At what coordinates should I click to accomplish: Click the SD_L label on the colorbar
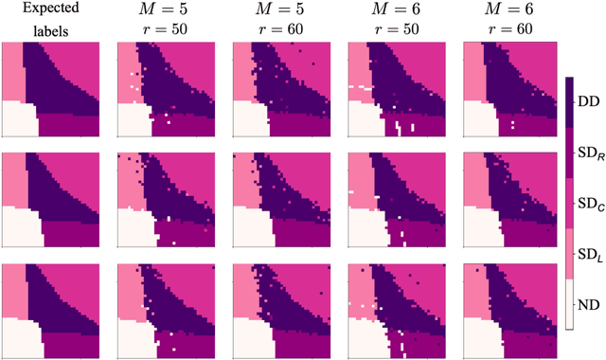[x=591, y=254]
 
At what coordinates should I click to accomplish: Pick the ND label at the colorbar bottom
[x=589, y=304]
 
